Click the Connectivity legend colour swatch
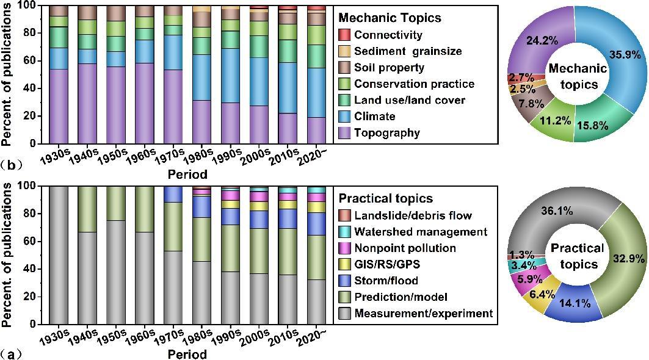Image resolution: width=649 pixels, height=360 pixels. pos(344,35)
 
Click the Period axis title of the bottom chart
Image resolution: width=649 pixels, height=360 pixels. pos(187,354)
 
